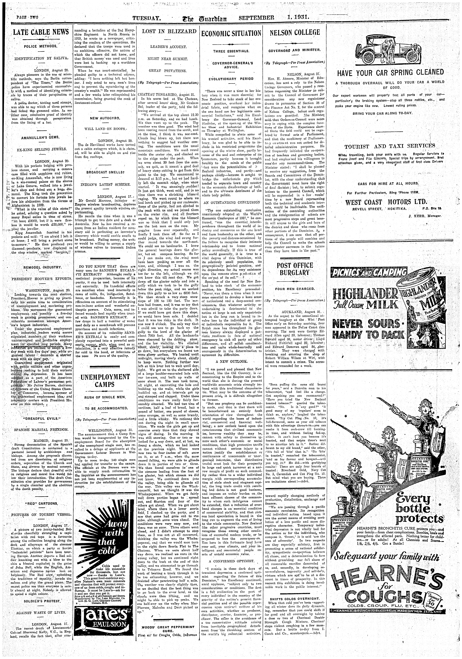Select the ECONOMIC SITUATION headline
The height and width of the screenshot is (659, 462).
pyautogui.click(x=231, y=33)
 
